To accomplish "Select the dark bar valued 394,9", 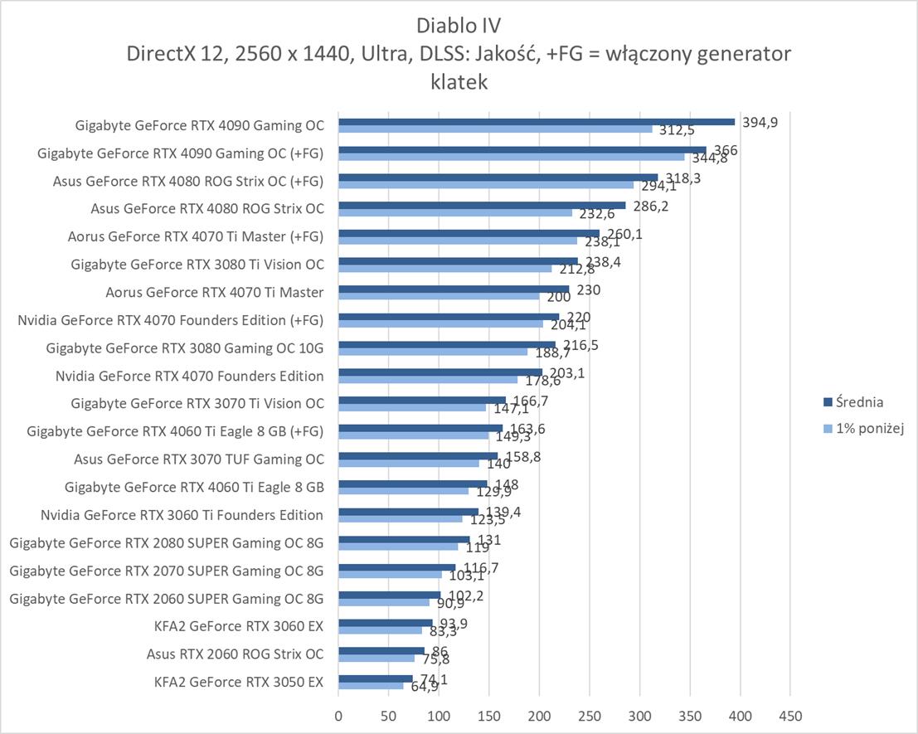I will click(536, 122).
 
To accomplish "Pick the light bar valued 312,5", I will click(495, 129).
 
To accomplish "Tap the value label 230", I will click(588, 290).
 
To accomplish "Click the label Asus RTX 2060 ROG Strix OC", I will click(235, 654).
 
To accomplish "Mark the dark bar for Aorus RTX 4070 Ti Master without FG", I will click(454, 288).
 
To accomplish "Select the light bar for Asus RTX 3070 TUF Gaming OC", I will click(409, 463).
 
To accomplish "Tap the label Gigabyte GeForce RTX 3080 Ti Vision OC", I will click(197, 265).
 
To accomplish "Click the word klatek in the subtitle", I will click(459, 82).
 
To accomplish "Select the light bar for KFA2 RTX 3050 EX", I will click(371, 686).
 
